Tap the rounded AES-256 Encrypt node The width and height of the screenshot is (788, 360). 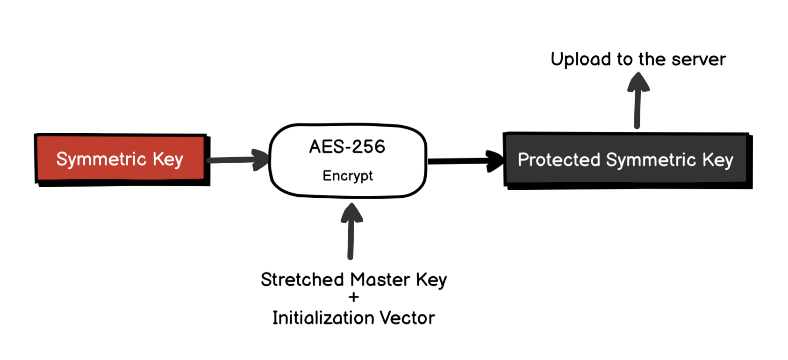tap(348, 160)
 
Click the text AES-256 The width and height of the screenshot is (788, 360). tap(347, 147)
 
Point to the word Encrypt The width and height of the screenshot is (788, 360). tap(348, 176)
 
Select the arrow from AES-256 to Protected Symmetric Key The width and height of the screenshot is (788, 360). tap(465, 161)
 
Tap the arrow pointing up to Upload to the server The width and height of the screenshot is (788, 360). tap(638, 101)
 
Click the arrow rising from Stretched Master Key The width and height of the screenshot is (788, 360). tap(351, 231)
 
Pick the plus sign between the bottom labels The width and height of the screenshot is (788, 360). tap(354, 297)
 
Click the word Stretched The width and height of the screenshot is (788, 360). tap(302, 280)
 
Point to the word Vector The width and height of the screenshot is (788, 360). tap(407, 318)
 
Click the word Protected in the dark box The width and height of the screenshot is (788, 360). tap(559, 160)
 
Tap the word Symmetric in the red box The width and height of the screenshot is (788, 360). tap(101, 159)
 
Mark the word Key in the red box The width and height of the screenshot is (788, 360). tap(168, 159)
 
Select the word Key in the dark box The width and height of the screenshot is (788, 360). tap(718, 160)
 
